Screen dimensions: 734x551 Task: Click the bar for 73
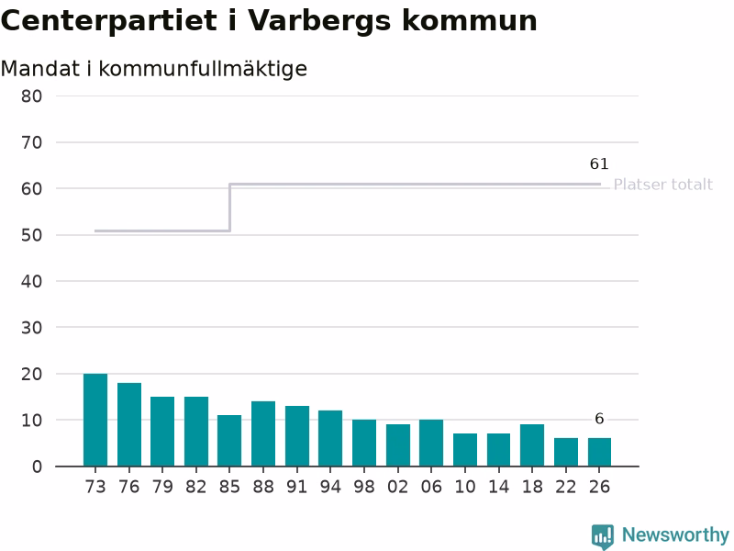95,420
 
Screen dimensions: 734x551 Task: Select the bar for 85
229,441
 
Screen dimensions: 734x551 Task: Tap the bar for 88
263,433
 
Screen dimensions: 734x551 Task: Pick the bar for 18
532,445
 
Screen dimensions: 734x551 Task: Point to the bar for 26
600,452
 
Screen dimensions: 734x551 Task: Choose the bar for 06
431,443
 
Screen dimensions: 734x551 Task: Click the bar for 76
129,424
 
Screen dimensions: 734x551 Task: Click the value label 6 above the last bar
599,419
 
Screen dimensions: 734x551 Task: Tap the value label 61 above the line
599,163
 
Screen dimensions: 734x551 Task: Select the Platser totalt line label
662,185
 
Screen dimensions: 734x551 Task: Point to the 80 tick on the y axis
31,96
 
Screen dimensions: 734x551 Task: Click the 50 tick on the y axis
31,235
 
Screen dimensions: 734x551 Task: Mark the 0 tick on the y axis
37,467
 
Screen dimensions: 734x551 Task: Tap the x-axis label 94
330,488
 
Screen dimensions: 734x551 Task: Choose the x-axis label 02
397,488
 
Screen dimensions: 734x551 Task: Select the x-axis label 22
565,488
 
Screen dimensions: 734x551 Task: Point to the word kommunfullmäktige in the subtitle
203,70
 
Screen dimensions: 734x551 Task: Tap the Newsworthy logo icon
603,536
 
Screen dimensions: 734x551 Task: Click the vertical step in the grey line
230,208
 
